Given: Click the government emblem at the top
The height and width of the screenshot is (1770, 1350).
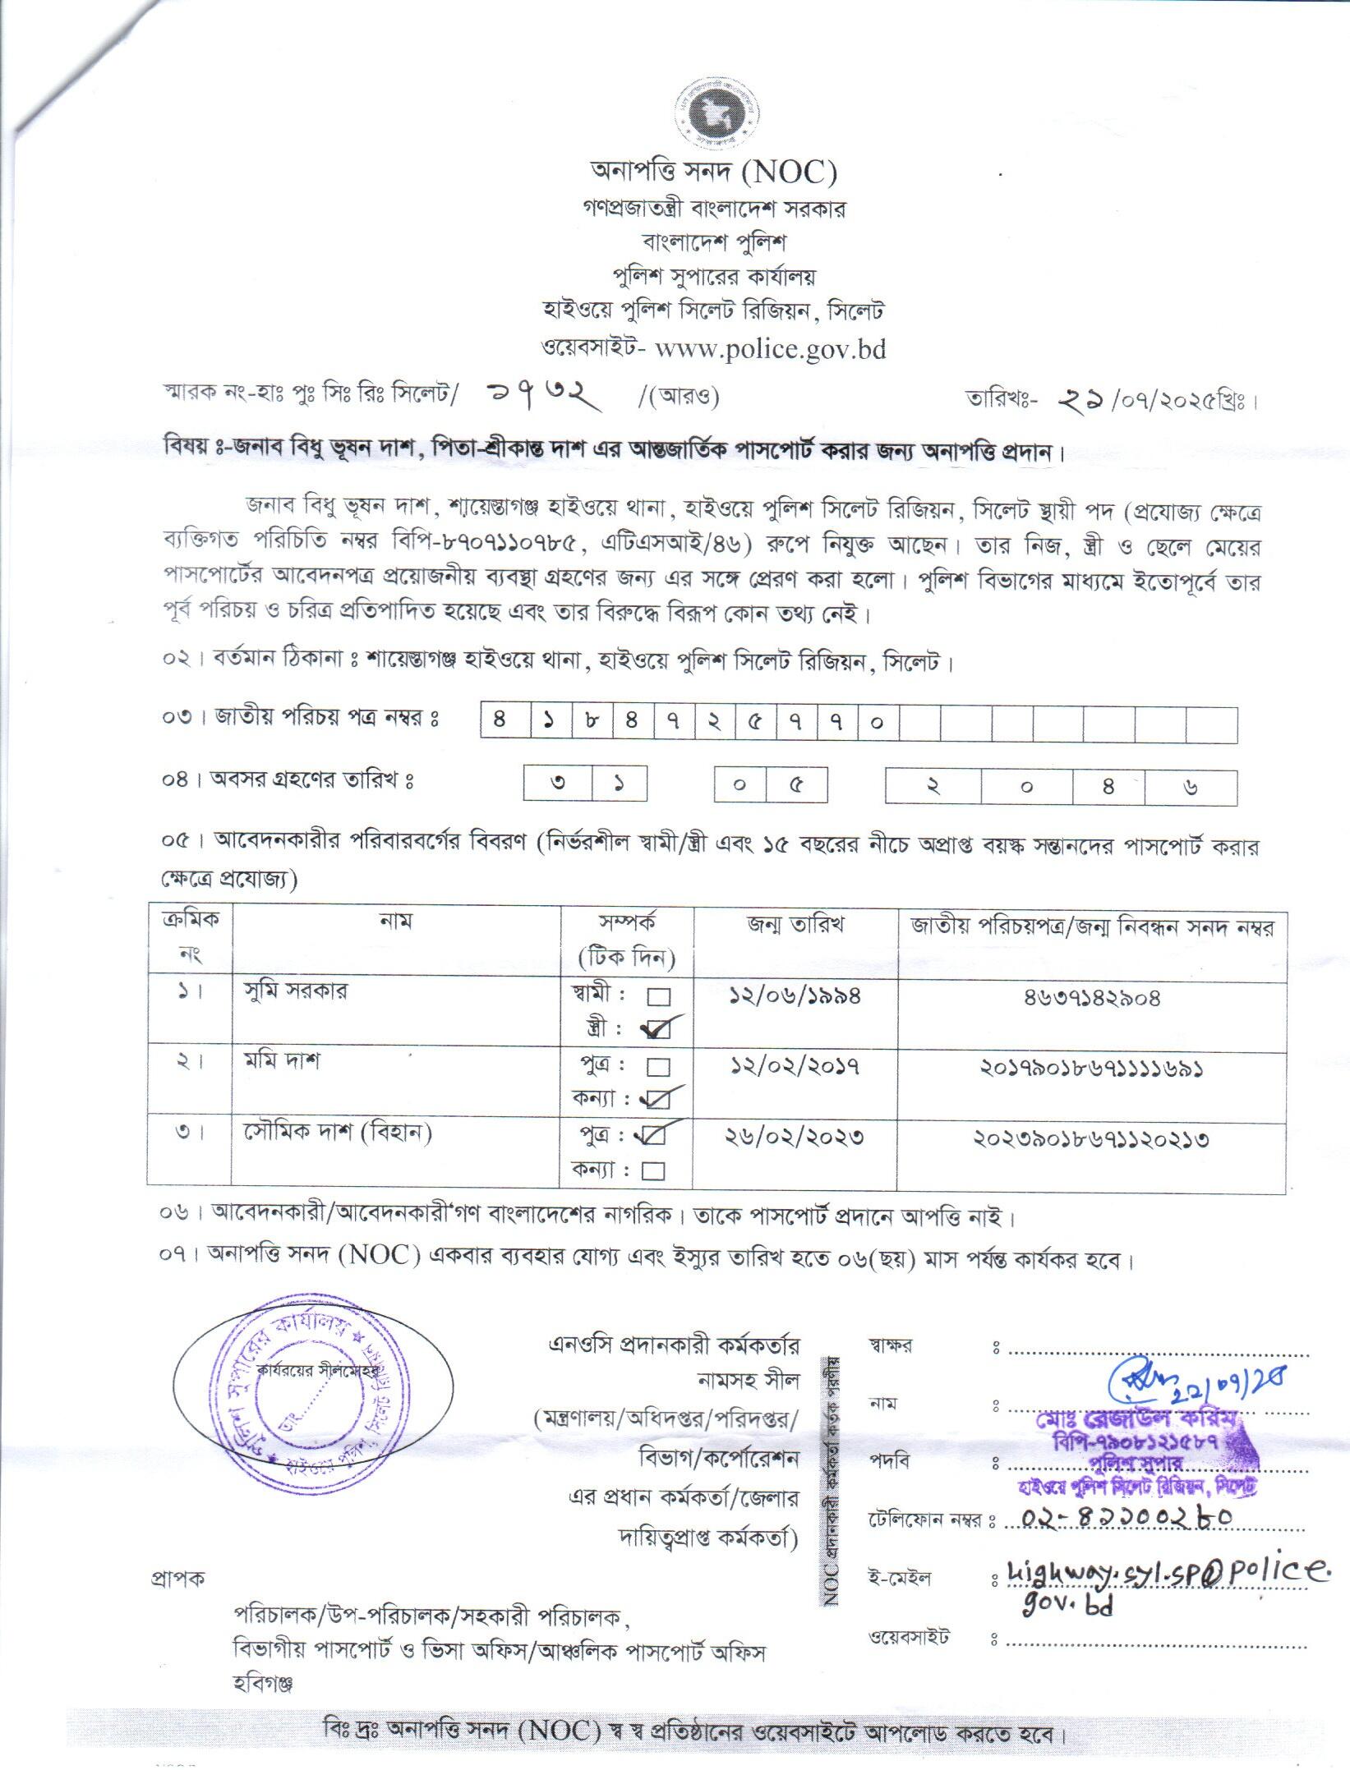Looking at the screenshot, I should coord(714,115).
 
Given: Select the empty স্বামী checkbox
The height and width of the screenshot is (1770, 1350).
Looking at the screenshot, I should coord(659,997).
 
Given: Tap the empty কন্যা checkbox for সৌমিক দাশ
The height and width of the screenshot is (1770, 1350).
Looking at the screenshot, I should coord(654,1170).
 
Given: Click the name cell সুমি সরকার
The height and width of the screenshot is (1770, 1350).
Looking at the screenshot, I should coord(296,990).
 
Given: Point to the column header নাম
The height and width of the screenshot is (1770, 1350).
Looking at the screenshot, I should coord(395,922).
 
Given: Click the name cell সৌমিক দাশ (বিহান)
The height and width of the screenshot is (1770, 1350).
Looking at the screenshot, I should coord(338,1133).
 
